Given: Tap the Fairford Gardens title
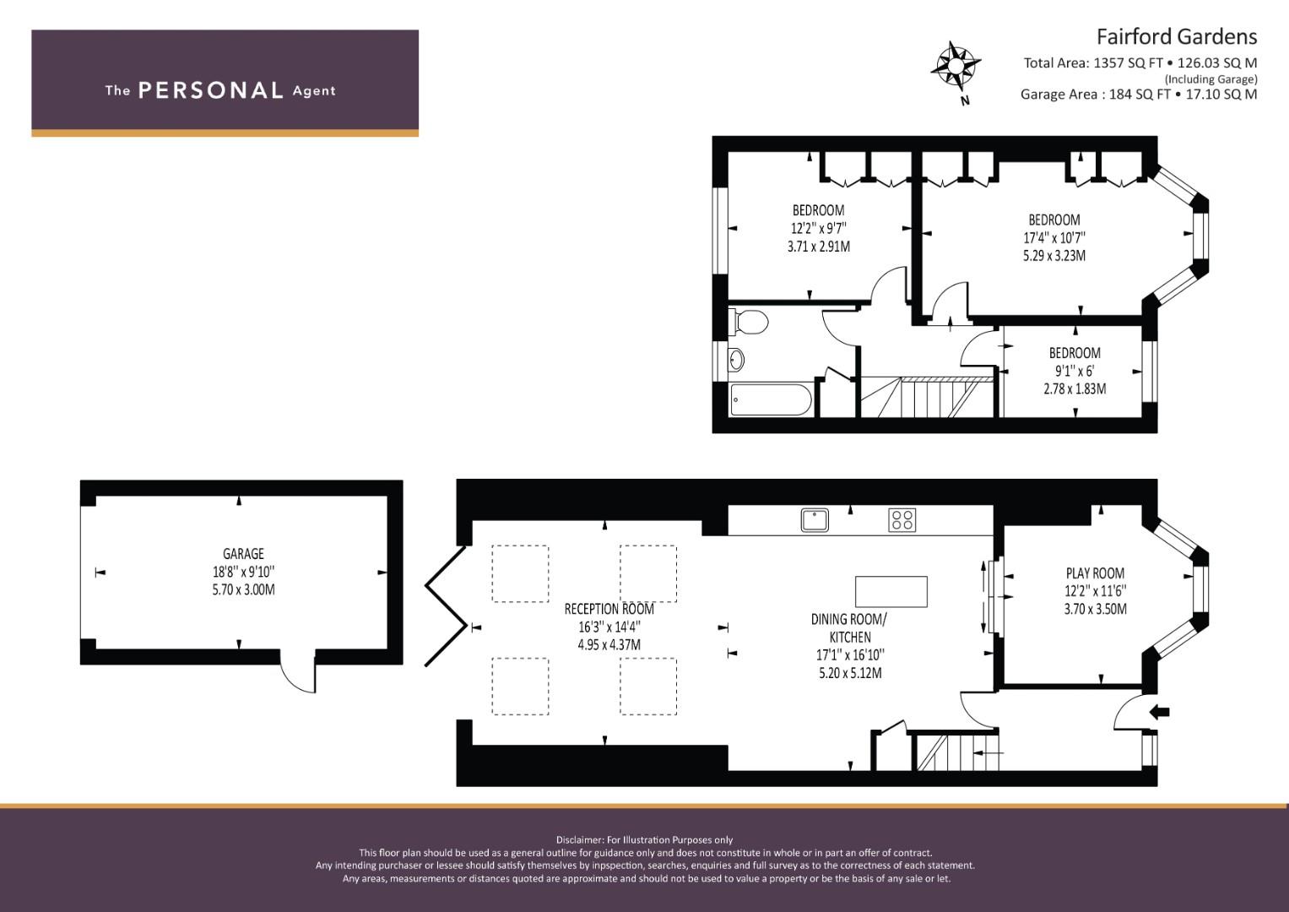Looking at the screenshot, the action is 1176,37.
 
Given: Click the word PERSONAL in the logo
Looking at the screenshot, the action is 211,90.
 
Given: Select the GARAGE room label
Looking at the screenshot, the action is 243,554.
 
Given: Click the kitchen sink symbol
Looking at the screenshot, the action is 815,520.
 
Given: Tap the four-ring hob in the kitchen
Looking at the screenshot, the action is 902,520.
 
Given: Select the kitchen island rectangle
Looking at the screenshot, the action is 891,591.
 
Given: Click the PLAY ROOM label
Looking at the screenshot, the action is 1095,573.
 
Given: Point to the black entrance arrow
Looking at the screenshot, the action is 1159,712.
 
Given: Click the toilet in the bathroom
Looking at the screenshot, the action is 749,322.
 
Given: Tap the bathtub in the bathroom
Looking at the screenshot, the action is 771,399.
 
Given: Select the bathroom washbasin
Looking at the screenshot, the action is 736,361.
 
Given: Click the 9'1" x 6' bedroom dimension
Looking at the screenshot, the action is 1075,371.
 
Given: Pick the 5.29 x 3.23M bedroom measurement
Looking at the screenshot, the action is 1054,256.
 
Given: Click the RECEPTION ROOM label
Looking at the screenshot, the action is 609,609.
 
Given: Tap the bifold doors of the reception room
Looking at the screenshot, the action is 446,606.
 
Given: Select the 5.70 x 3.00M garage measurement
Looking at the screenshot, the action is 243,589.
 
